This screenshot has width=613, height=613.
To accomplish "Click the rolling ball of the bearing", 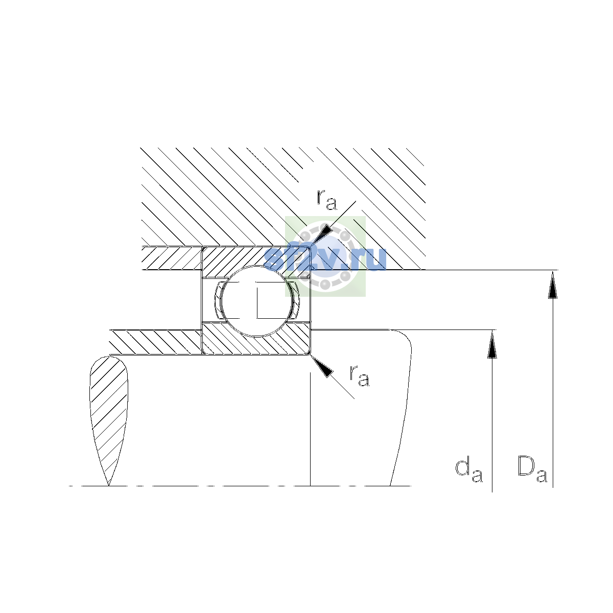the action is point(257,301).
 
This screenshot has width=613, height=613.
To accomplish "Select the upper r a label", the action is point(327,200).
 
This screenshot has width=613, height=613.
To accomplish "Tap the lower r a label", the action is point(360,376).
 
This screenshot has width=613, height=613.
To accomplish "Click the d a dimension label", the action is point(469,470).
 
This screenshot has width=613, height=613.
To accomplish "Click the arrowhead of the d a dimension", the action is point(492,344).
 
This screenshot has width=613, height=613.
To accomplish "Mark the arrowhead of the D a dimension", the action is point(553,284).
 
